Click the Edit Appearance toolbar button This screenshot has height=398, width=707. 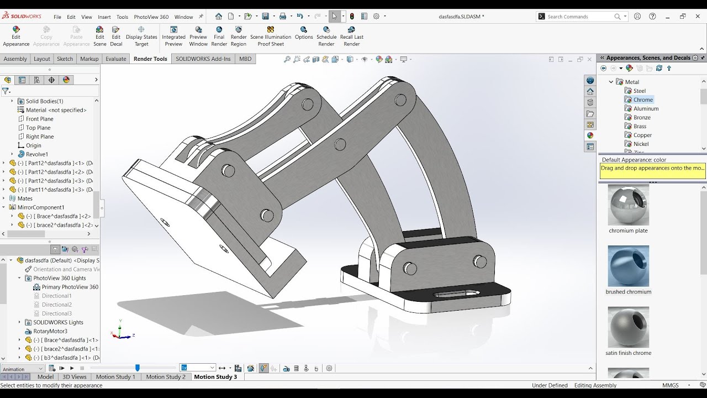tap(16, 36)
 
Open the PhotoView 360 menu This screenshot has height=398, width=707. tap(151, 17)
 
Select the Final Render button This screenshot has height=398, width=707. tap(219, 36)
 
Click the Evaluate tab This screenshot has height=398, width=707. tap(116, 59)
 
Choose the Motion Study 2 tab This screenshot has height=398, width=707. tap(166, 377)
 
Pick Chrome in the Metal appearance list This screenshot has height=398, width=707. tap(643, 100)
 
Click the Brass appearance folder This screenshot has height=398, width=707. tap(640, 127)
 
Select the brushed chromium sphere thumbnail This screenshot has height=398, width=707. tap(629, 266)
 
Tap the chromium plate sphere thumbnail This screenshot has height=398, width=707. tap(629, 205)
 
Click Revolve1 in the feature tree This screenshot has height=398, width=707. tap(37, 154)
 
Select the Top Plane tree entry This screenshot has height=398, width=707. tap(38, 128)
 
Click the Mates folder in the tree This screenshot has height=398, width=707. tap(25, 198)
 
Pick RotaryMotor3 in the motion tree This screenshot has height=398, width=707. tap(50, 331)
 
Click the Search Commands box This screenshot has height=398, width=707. tap(580, 17)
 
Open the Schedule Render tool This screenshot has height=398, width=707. tap(326, 36)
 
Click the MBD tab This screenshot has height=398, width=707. tap(245, 59)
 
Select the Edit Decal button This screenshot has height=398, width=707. tap(116, 36)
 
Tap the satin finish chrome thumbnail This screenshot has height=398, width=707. tap(629, 328)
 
